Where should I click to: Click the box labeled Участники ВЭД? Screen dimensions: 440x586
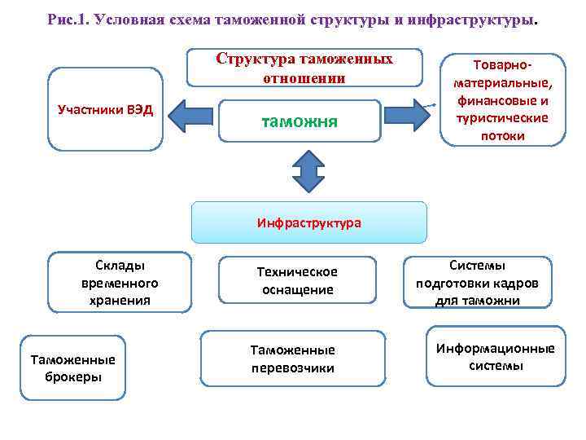105,109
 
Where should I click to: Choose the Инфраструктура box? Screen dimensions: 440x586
308,222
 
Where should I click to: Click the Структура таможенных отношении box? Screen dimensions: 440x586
304,69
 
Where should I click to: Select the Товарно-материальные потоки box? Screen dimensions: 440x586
502,99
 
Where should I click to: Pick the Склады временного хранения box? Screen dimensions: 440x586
120,283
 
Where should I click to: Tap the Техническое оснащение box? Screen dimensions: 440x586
297,281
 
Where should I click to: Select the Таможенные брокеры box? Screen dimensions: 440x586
72,367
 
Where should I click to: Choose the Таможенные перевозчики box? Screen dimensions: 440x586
292,359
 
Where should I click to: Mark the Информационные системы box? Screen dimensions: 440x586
495,357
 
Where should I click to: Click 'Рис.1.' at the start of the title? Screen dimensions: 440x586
68,19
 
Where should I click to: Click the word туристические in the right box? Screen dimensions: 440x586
501,118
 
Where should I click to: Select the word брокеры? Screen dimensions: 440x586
72,376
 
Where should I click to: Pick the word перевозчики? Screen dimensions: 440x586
292,368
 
